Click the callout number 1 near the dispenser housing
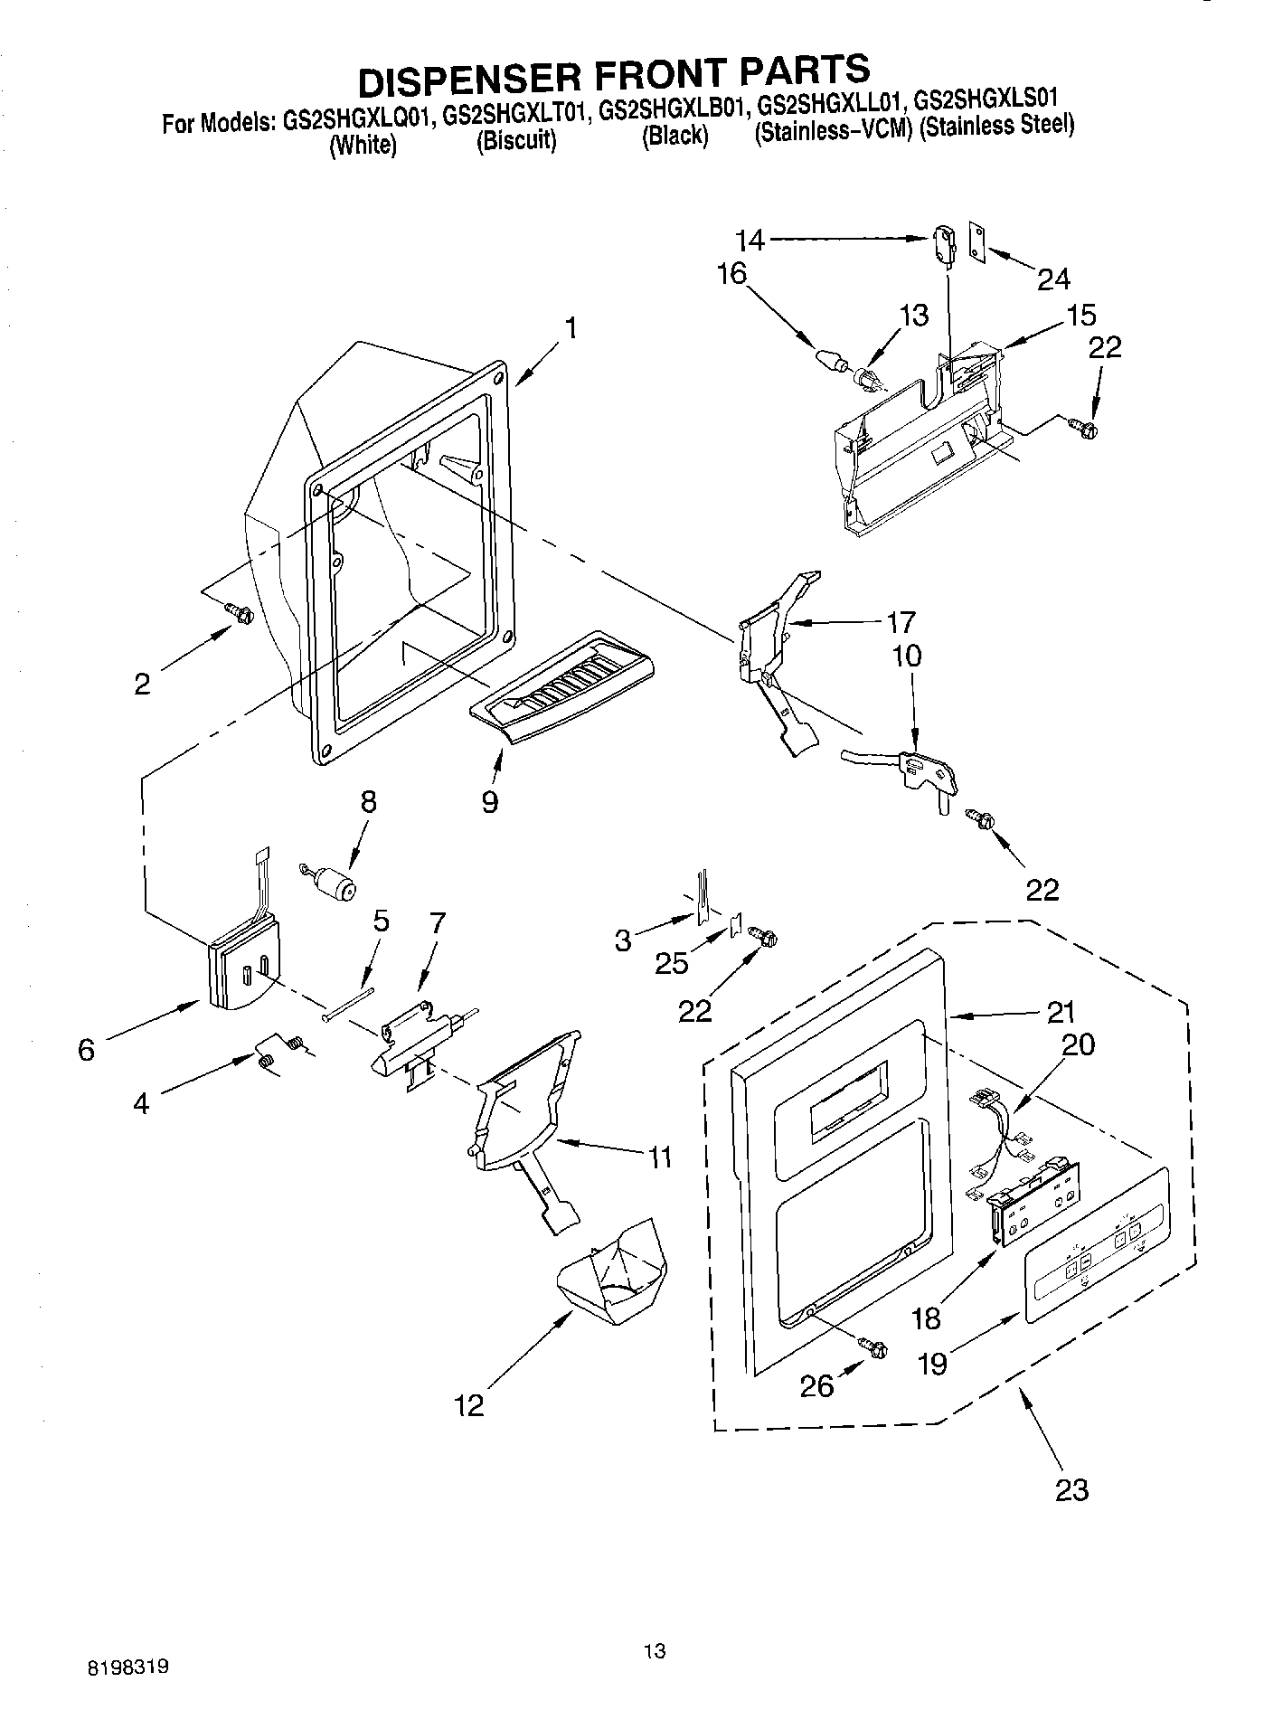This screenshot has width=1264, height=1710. coord(571,327)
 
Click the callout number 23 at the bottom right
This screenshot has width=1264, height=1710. coord(1071,1489)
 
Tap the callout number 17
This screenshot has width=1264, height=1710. coord(901,622)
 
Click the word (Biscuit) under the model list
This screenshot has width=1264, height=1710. coord(516,142)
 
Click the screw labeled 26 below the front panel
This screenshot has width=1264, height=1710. coord(873,1346)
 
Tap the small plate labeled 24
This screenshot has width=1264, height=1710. coord(978,241)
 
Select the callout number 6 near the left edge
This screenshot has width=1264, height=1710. coord(86,1050)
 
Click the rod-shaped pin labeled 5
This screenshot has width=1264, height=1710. coord(349,1003)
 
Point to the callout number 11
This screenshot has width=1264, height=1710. coord(660,1156)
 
